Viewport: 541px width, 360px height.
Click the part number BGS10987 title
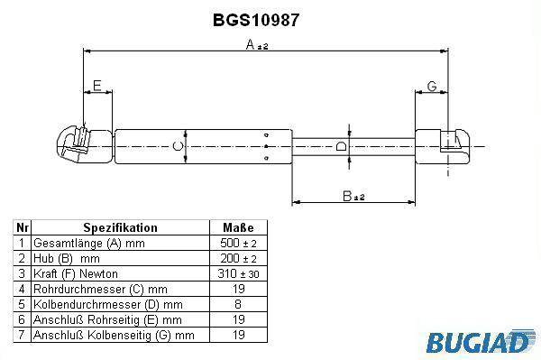[256, 20]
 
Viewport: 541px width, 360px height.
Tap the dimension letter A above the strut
[250, 44]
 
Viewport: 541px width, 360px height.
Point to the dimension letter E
[97, 86]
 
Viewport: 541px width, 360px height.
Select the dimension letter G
[432, 86]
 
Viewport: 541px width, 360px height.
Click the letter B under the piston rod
[347, 196]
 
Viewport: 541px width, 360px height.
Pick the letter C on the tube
[178, 146]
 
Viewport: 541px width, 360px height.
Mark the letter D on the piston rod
[341, 146]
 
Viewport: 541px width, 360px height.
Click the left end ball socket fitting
[86, 144]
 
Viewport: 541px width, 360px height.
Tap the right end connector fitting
[442, 146]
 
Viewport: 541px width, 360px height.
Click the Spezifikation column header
[121, 227]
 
